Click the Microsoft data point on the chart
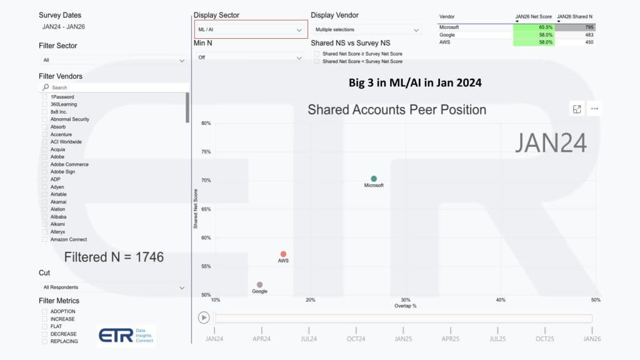(x=374, y=179)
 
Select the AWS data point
(x=284, y=254)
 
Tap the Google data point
(x=259, y=285)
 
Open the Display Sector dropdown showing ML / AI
(x=251, y=29)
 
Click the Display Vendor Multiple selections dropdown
(x=366, y=29)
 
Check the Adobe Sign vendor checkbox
(x=44, y=172)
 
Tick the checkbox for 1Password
(x=44, y=97)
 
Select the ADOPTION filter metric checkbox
(x=44, y=311)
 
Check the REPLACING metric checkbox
(x=44, y=341)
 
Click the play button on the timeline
(x=204, y=317)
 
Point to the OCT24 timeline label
(x=356, y=339)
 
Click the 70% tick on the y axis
(x=206, y=181)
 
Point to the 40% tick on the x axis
(x=501, y=300)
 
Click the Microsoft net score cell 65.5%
(x=533, y=27)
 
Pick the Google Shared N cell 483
(x=575, y=35)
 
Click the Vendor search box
(x=116, y=87)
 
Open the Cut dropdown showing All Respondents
(x=113, y=287)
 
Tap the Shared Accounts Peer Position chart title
(x=396, y=110)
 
